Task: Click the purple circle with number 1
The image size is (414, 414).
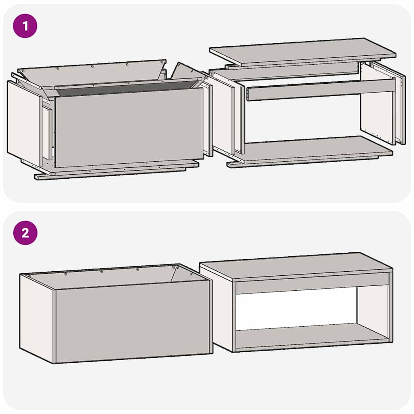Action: point(25,26)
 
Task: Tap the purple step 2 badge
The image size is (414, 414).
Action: point(25,233)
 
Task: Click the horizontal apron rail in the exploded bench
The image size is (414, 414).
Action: point(321,89)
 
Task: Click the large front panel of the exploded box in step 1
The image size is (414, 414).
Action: point(129,128)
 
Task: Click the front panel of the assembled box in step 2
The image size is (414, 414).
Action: point(133,321)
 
